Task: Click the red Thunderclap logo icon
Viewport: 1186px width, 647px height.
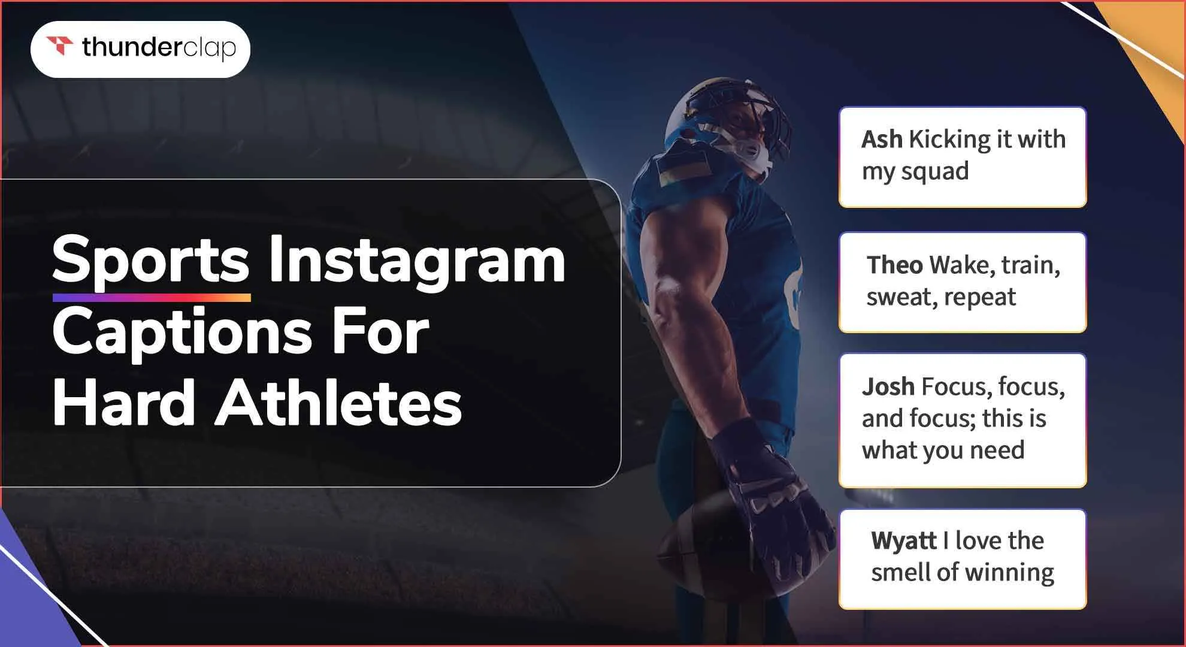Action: (x=60, y=46)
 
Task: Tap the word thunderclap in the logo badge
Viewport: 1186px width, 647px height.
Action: (x=159, y=48)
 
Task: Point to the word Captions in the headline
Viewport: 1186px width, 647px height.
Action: (x=182, y=332)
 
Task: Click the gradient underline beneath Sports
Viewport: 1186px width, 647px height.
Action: (x=152, y=298)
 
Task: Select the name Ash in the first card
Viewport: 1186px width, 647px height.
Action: (x=882, y=140)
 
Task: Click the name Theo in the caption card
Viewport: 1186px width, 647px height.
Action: (x=894, y=265)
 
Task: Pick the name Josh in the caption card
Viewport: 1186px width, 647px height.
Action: (x=888, y=387)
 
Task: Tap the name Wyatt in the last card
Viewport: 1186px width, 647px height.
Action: (x=904, y=540)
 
